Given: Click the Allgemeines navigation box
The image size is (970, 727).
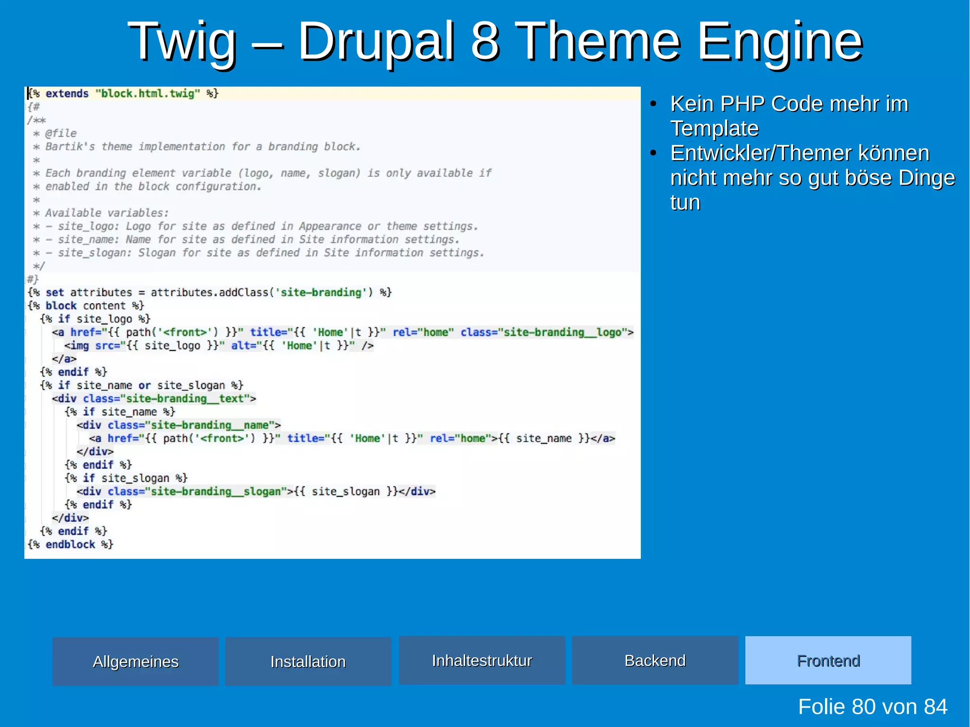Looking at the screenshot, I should (135, 661).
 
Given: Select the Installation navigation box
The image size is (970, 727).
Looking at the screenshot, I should (308, 661).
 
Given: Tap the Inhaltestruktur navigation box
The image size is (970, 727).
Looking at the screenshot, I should (482, 660).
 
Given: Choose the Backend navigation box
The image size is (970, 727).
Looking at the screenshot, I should (655, 660).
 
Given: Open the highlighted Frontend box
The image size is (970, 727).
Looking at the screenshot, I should (828, 660).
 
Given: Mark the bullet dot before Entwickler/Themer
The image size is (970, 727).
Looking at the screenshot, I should (654, 153).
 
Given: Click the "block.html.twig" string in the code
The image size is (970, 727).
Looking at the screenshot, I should (148, 94).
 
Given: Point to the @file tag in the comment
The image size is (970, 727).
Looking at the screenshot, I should (61, 134).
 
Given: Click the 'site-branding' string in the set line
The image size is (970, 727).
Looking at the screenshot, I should (321, 293).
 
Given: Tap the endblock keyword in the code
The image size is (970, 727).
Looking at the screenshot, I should (70, 545).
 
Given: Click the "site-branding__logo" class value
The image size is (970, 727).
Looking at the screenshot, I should (562, 332).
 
